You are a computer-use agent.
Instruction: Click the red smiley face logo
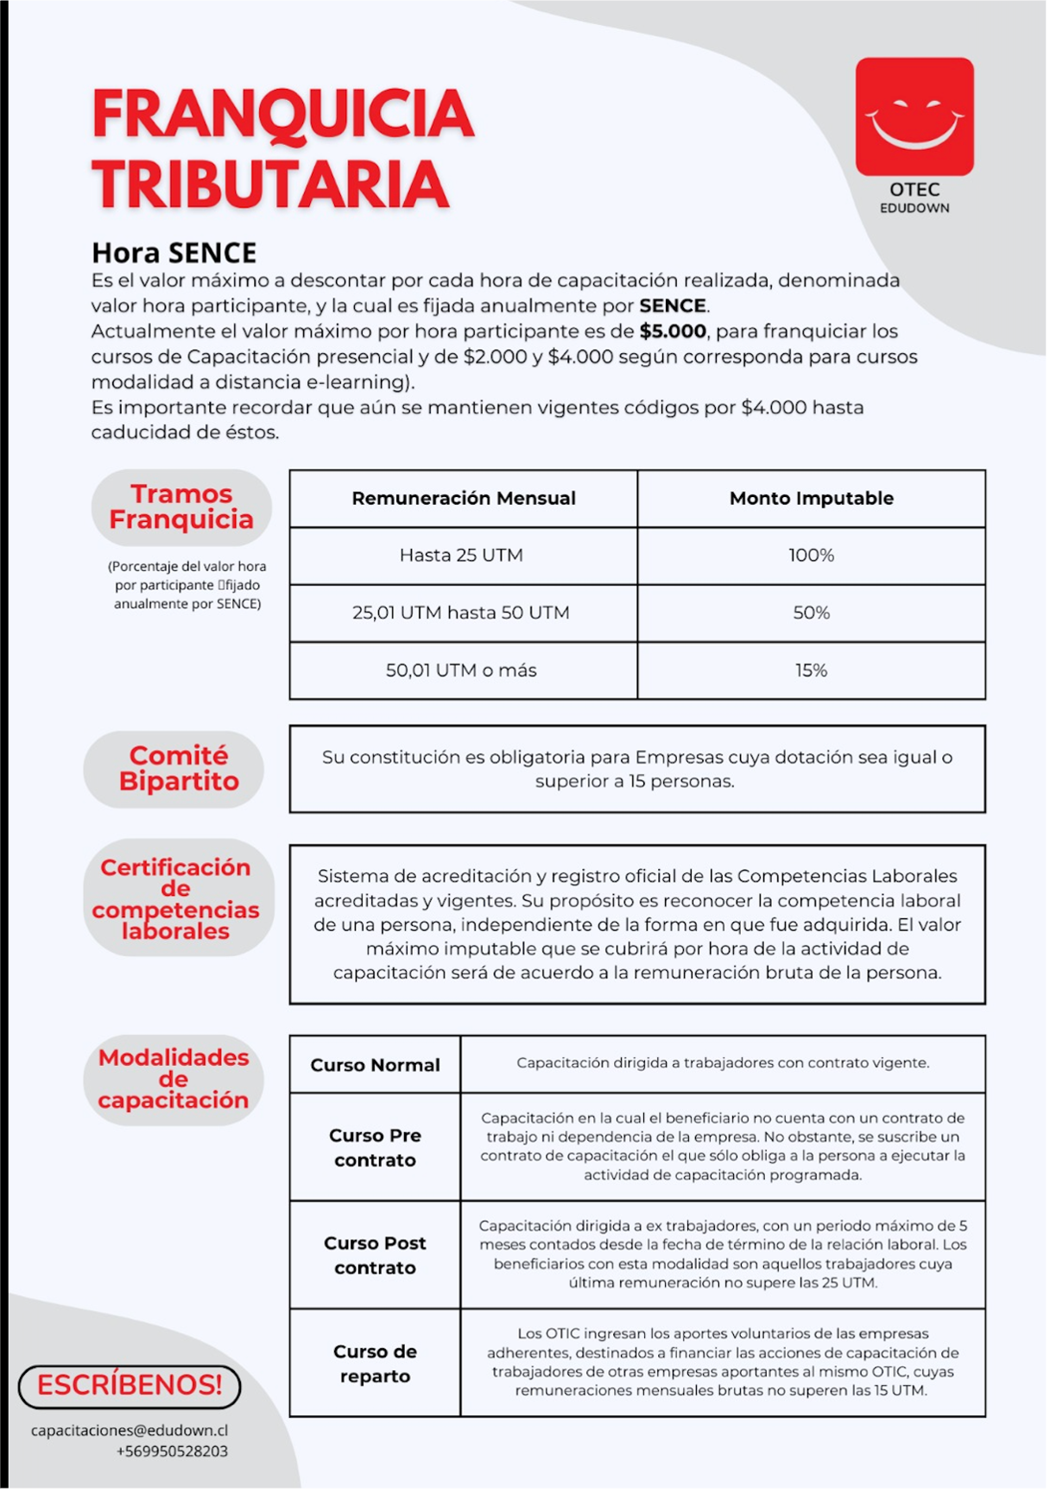click(x=914, y=116)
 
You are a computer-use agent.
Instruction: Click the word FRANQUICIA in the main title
click(x=282, y=115)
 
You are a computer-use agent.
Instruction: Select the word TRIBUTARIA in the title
click(x=270, y=185)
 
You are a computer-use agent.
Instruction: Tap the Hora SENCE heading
click(x=174, y=253)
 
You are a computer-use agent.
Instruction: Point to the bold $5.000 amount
click(x=673, y=331)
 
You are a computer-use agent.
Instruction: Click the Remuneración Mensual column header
click(x=464, y=499)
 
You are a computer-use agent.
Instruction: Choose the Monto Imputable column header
click(x=811, y=499)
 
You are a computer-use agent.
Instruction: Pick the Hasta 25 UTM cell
click(x=461, y=556)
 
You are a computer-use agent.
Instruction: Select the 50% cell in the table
click(x=811, y=613)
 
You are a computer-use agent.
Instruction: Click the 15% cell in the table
click(x=811, y=670)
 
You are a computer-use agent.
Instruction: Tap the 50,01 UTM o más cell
click(x=461, y=670)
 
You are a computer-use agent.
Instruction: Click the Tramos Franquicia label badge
click(x=181, y=507)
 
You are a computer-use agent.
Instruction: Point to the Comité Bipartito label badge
click(x=178, y=768)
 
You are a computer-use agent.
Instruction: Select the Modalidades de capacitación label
click(x=174, y=1079)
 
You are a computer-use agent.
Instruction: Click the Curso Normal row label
click(x=375, y=1066)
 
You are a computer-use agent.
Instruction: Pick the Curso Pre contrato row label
click(x=375, y=1148)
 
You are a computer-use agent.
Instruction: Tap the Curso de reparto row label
click(x=375, y=1363)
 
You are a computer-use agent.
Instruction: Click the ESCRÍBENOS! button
click(x=130, y=1385)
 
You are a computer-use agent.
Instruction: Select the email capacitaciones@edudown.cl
click(x=130, y=1431)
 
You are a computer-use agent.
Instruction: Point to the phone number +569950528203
click(x=172, y=1451)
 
